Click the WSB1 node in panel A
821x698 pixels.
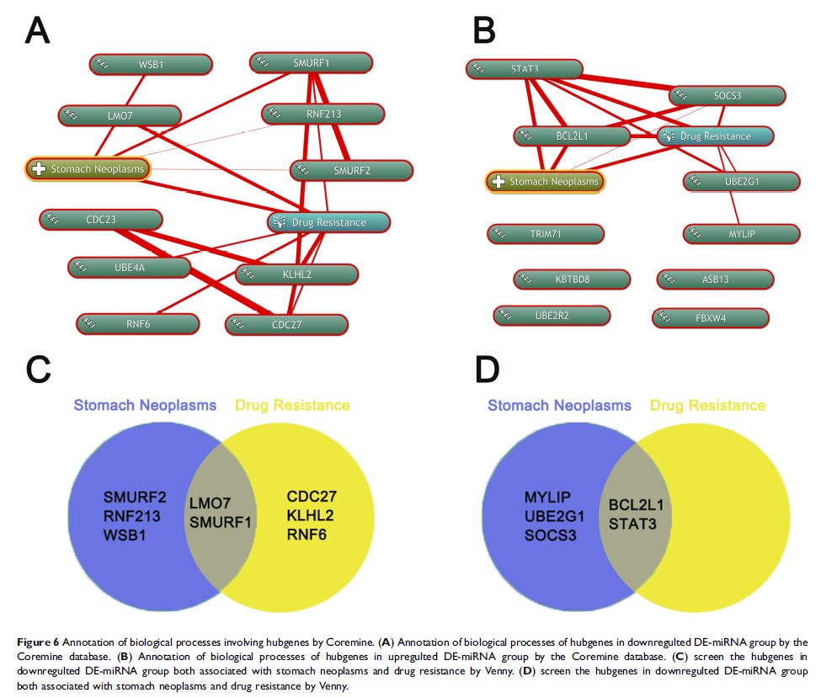(x=151, y=65)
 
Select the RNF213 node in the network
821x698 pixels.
(x=323, y=114)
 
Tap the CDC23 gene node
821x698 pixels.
(x=100, y=221)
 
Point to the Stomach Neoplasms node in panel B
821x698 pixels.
(x=545, y=181)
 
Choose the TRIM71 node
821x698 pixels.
(x=545, y=234)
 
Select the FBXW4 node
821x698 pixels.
(x=710, y=318)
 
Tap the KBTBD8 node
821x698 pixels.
(x=571, y=279)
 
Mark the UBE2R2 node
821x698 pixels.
(x=552, y=316)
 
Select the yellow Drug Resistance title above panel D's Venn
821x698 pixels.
(x=707, y=406)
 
